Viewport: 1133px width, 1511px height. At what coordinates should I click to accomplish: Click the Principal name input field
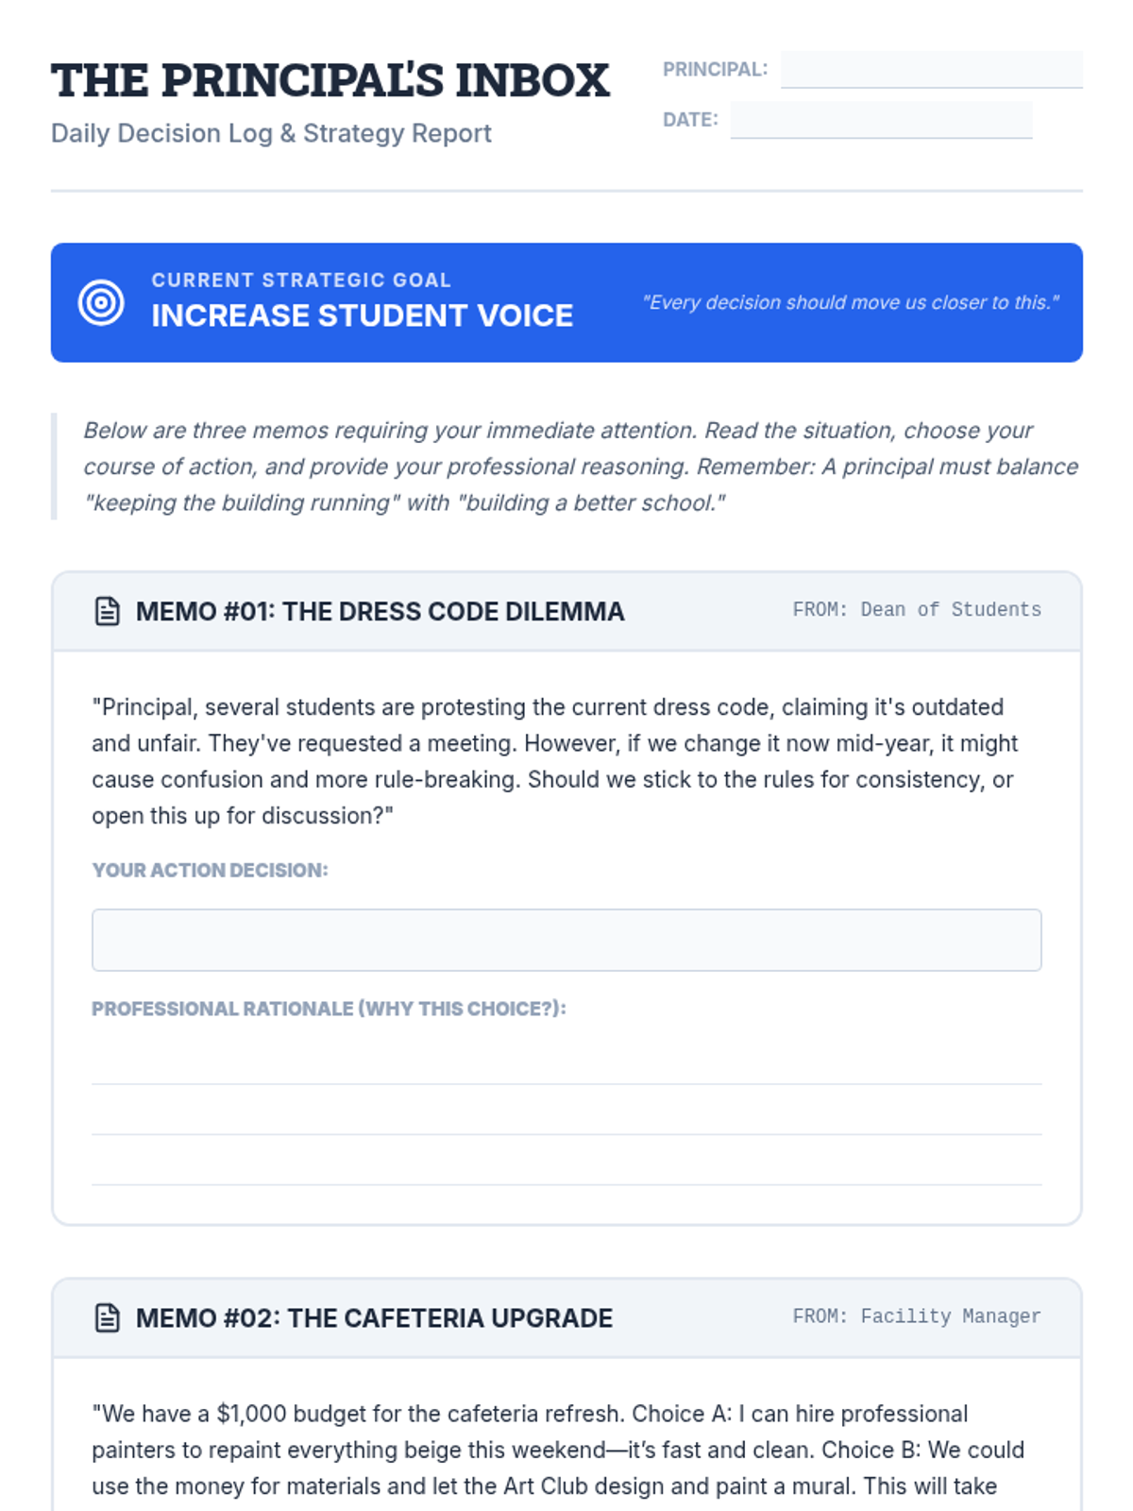(931, 69)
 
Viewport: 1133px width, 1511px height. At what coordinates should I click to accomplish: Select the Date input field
(881, 120)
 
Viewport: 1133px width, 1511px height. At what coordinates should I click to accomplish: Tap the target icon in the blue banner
(101, 302)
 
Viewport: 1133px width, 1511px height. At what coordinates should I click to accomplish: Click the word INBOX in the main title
(533, 80)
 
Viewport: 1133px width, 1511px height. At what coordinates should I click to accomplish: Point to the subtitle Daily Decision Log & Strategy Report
(271, 133)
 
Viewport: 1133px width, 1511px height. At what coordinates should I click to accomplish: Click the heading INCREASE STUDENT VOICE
(362, 315)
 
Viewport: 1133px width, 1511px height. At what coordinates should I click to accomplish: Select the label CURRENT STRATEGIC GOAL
(301, 280)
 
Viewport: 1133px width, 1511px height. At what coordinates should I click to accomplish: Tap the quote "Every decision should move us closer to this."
(850, 302)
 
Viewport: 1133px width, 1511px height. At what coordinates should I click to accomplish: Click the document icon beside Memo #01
(108, 611)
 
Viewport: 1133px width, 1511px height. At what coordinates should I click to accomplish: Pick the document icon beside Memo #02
(108, 1317)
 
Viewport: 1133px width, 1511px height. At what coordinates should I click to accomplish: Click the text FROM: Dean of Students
(917, 610)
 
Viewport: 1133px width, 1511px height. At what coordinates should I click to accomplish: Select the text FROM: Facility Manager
(917, 1316)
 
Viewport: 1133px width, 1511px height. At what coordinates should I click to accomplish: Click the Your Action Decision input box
(566, 940)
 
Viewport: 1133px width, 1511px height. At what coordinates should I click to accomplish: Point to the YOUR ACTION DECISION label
(210, 870)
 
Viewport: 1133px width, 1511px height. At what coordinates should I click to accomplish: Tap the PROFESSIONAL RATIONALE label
(329, 1009)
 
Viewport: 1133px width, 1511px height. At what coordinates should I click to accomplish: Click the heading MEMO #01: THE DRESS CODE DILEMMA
(380, 611)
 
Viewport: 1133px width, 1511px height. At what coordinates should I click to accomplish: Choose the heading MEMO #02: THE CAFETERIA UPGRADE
(374, 1317)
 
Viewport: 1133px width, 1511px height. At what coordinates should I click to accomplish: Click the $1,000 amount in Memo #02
(251, 1414)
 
